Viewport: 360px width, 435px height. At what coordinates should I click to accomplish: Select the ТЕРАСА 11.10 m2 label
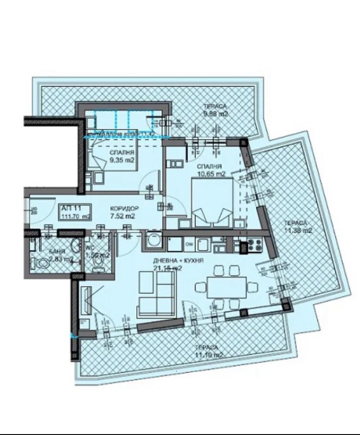pyautogui.click(x=206, y=351)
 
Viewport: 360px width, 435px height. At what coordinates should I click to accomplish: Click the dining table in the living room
pyautogui.click(x=226, y=287)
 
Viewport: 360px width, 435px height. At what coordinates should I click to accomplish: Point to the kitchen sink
pyautogui.click(x=203, y=245)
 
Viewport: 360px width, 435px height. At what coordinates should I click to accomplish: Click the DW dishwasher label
pyautogui.click(x=189, y=245)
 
